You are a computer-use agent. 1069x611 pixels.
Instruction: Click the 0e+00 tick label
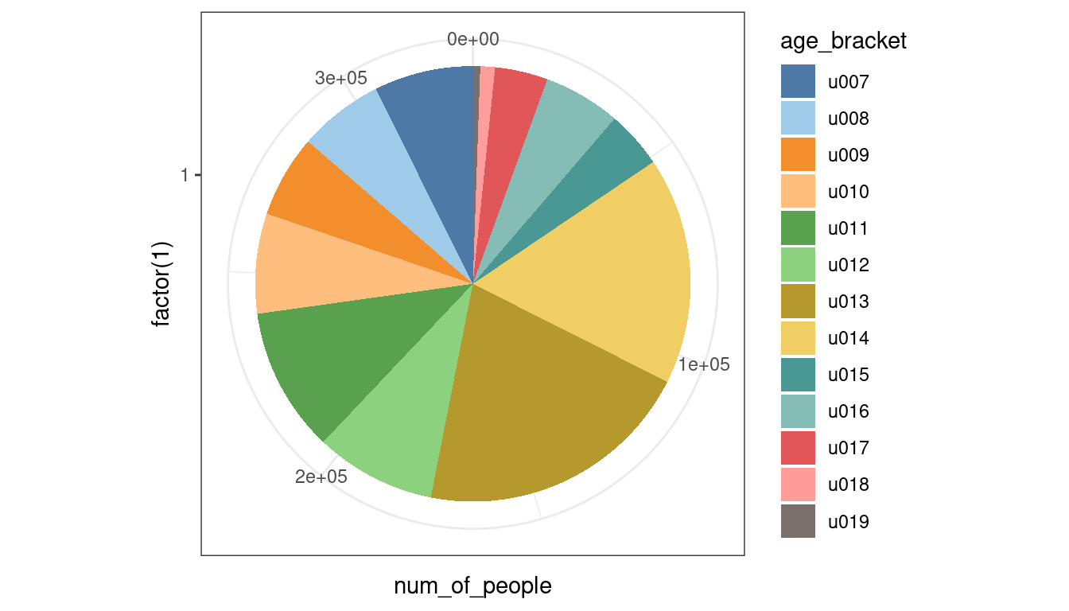472,39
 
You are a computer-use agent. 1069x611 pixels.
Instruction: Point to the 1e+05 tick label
704,365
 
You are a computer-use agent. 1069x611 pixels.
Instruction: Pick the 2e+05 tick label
321,477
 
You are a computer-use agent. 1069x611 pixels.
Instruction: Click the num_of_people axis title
472,586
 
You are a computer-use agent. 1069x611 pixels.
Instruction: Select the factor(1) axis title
163,285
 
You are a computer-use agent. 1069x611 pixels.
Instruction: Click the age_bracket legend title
844,41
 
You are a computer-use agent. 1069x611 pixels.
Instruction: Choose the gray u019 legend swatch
798,522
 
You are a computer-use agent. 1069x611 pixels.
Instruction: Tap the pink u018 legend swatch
798,485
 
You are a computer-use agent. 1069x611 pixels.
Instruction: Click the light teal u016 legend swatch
798,412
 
